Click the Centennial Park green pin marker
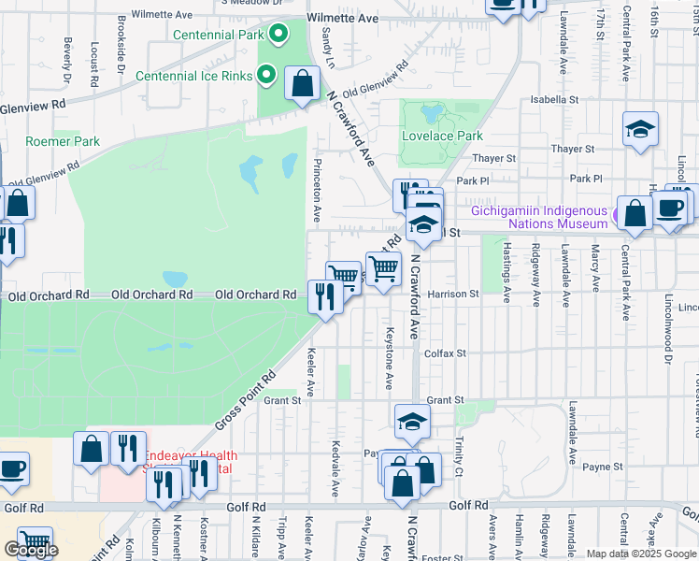click(x=278, y=36)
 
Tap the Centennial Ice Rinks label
click(x=193, y=76)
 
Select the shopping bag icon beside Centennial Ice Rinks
click(x=303, y=85)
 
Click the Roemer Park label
click(x=63, y=141)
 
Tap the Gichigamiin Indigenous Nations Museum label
click(x=539, y=217)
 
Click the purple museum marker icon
click(x=617, y=217)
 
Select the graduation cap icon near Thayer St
click(x=641, y=130)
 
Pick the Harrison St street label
click(x=452, y=294)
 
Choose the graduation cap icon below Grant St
click(x=412, y=422)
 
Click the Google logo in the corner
click(x=31, y=551)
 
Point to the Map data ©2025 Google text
click(x=641, y=554)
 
